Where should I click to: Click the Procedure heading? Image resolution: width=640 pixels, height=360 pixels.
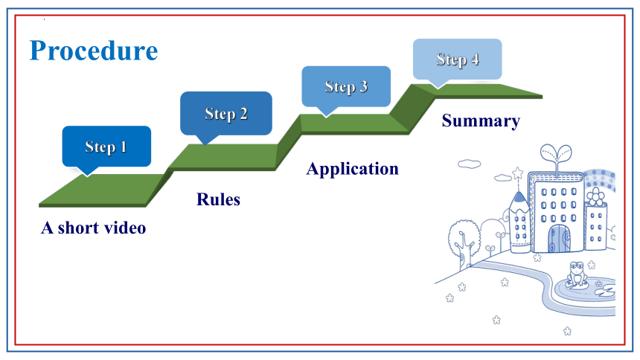click(94, 51)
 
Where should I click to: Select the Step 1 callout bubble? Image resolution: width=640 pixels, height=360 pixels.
click(106, 147)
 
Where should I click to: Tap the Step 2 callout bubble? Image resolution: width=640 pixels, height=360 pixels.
click(226, 114)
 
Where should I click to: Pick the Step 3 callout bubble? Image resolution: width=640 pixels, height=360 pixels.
click(346, 86)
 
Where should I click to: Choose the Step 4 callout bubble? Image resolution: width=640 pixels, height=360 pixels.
click(457, 60)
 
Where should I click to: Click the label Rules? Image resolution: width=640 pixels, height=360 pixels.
click(218, 199)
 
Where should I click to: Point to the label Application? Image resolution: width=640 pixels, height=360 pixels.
click(353, 169)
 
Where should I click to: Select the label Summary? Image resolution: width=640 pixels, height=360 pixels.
click(481, 120)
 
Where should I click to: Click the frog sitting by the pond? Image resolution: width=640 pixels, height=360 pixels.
click(577, 274)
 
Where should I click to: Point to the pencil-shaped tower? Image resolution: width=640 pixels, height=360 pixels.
click(519, 222)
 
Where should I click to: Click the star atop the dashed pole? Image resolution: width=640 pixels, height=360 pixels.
click(518, 173)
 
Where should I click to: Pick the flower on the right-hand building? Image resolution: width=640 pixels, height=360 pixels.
click(595, 196)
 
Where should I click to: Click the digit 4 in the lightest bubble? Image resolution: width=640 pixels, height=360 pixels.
click(475, 60)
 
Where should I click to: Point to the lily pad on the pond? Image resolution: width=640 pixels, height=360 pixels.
click(605, 291)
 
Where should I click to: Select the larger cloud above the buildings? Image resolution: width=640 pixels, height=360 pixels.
click(469, 164)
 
